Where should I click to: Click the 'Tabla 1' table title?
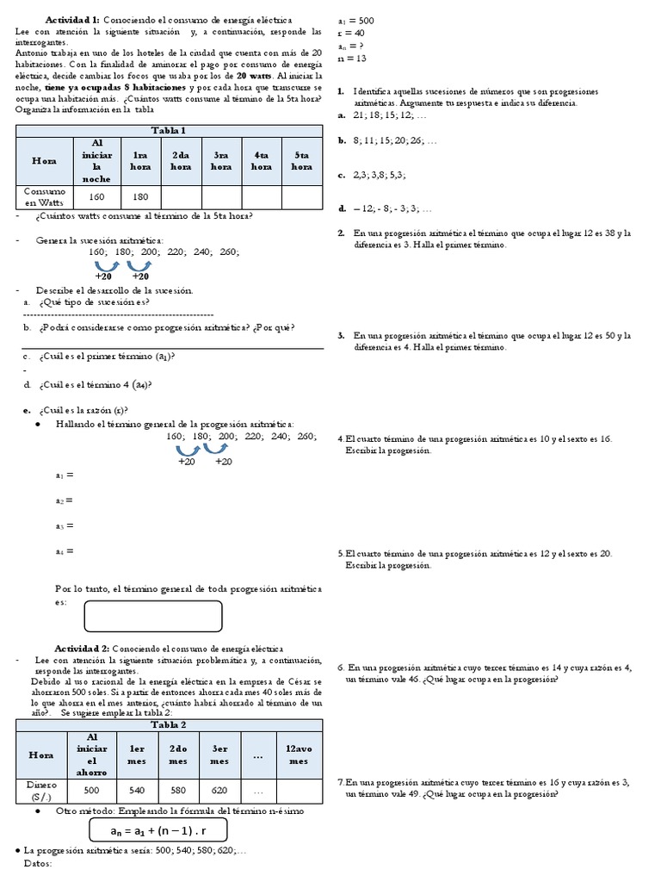click(170, 130)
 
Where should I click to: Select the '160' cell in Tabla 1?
click(96, 196)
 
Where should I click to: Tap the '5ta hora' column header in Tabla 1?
click(301, 160)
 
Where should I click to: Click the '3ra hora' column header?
click(221, 160)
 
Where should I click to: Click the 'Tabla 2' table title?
click(170, 725)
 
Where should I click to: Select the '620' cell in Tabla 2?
click(219, 790)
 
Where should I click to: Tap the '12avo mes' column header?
click(299, 755)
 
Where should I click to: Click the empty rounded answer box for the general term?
click(152, 616)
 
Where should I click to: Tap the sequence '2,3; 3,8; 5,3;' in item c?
click(380, 175)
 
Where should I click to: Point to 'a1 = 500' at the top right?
click(355, 20)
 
